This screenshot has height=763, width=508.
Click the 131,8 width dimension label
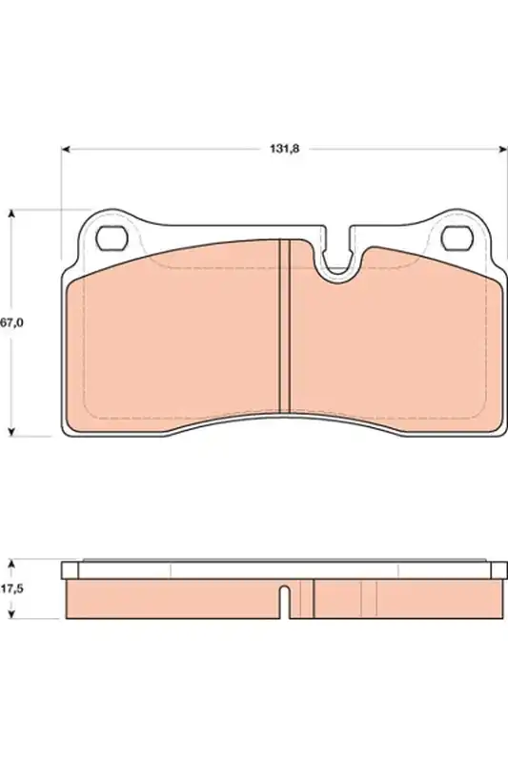tap(285, 149)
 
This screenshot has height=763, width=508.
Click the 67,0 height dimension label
tap(11, 322)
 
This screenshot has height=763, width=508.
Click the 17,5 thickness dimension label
tap(11, 588)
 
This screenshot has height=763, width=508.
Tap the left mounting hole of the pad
tap(112, 238)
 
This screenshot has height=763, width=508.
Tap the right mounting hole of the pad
tap(457, 238)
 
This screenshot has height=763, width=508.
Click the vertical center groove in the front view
tap(284, 326)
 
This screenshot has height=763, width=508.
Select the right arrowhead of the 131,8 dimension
tap(502, 149)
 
